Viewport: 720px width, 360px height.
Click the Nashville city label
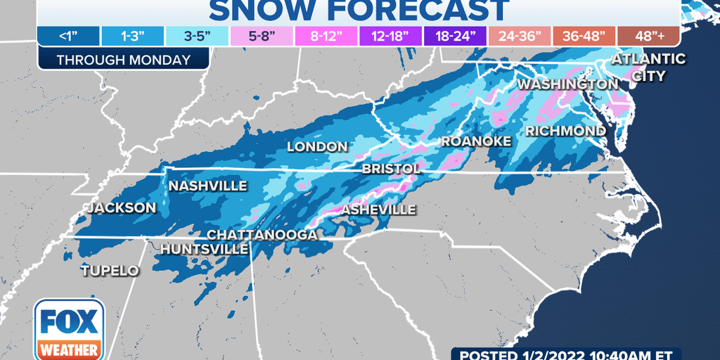tap(207, 186)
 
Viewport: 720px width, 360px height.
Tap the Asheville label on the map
tap(378, 210)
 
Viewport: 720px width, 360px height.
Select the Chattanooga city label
tap(262, 234)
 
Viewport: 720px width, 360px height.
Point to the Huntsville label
tap(204, 249)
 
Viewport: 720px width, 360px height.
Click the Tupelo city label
tap(110, 271)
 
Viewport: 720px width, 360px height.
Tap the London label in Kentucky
tap(317, 147)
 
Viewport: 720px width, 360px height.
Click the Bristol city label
tap(391, 169)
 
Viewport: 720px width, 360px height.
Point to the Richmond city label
tap(565, 131)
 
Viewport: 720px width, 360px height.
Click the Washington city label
tap(567, 84)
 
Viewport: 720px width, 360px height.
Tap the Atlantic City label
tap(648, 67)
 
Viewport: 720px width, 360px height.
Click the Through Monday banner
tap(124, 60)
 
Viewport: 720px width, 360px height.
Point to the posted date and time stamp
tap(566, 354)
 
